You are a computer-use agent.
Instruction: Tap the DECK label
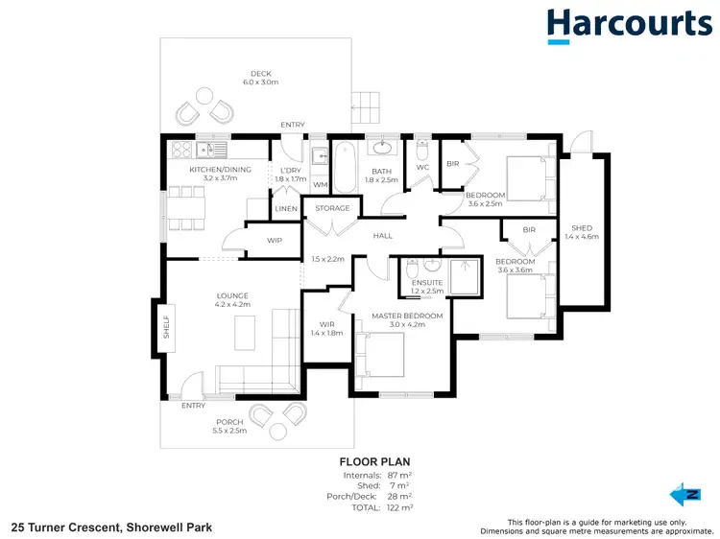262,73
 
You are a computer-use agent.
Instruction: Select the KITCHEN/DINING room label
220,170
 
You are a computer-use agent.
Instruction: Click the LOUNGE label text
231,295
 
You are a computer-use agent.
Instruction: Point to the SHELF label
165,326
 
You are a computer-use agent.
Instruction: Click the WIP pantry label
275,240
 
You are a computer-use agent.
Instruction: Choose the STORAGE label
332,207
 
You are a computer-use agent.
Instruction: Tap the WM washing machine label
321,184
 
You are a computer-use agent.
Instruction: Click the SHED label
582,228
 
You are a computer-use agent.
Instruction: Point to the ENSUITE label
426,283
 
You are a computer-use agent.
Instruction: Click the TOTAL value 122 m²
399,507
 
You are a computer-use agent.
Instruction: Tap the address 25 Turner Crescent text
111,527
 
